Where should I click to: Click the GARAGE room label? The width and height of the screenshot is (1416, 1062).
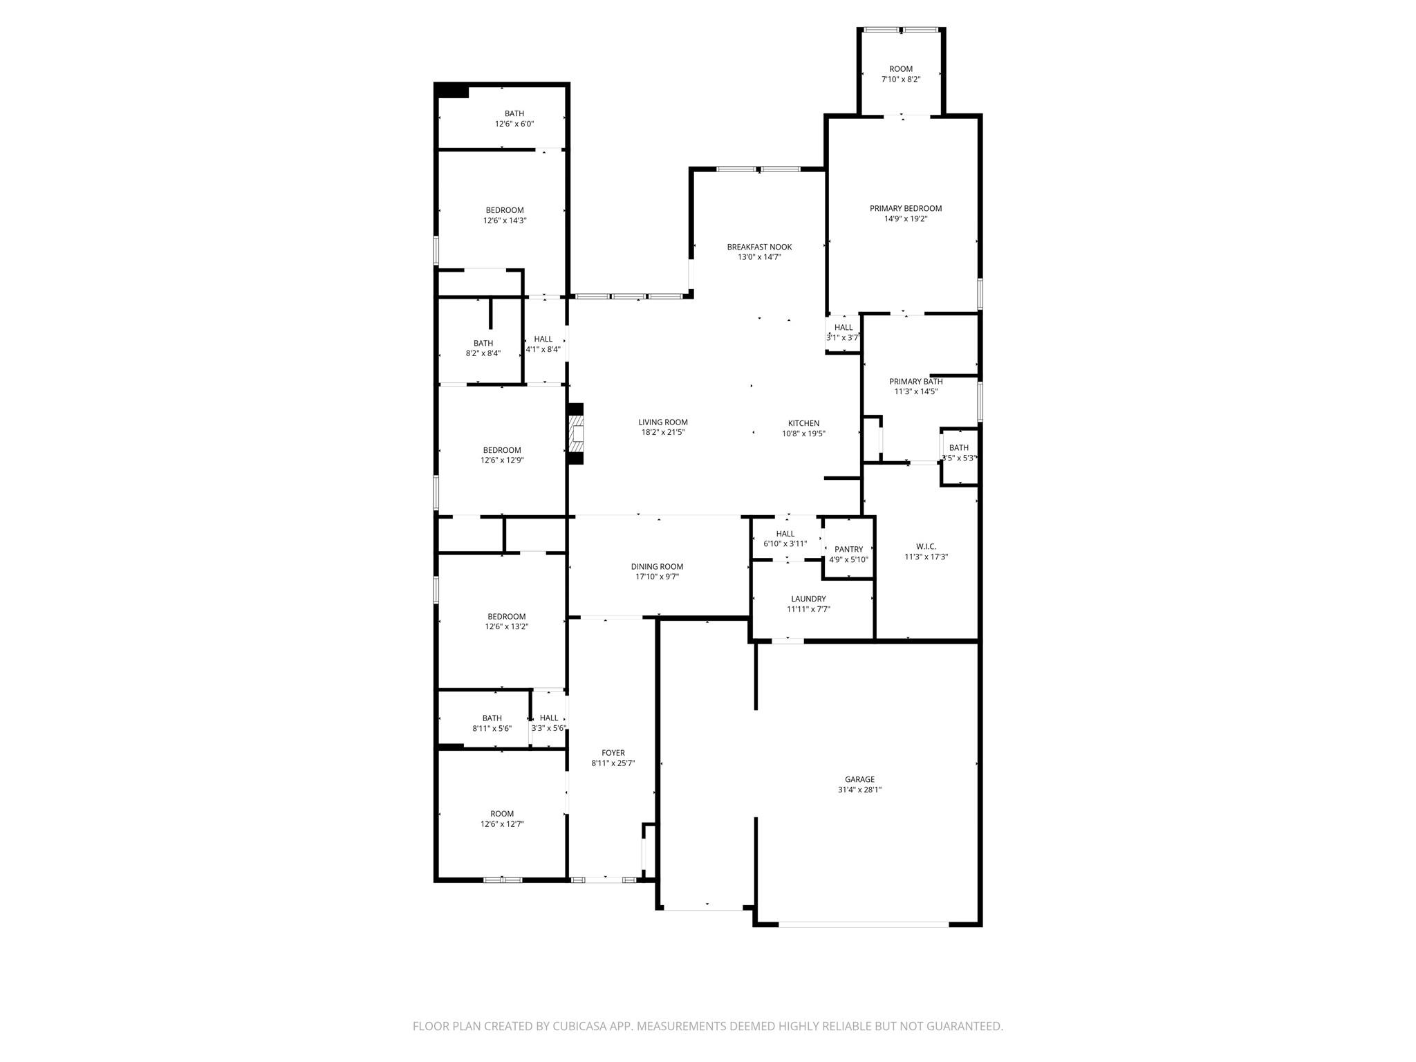(859, 779)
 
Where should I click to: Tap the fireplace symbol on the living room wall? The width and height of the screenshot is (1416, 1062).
(576, 434)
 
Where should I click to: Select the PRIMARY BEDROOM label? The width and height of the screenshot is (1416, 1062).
(905, 208)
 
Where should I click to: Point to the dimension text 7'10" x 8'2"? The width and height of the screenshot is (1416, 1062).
(900, 80)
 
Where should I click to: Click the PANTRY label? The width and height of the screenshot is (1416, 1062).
(848, 550)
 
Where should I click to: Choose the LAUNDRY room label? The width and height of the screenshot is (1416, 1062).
(808, 599)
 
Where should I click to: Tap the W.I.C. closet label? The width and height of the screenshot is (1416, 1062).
(926, 546)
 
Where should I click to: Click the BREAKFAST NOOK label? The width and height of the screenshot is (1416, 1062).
(759, 247)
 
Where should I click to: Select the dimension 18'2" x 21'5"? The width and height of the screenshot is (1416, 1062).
(662, 433)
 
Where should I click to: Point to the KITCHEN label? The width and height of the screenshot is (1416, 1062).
(803, 423)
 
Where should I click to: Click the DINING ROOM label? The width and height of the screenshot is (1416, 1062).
(657, 566)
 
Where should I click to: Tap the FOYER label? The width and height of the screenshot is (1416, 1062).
(613, 753)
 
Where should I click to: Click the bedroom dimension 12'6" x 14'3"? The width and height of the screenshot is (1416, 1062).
(505, 221)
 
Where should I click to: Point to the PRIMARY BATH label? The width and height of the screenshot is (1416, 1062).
(915, 381)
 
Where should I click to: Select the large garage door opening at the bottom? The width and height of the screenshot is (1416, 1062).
(864, 924)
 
